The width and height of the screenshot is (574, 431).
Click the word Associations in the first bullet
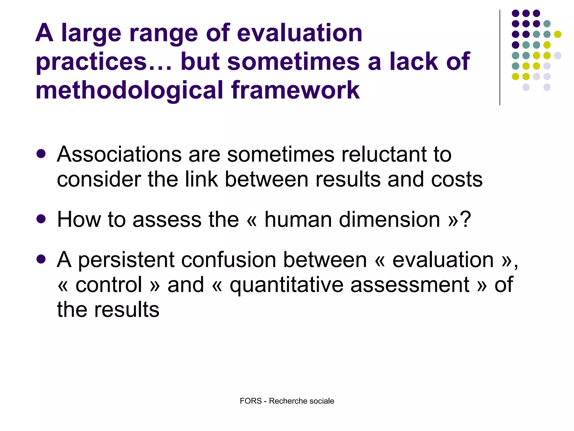point(119,154)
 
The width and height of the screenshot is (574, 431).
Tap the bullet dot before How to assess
point(41,219)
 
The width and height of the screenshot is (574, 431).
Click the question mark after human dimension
point(465,219)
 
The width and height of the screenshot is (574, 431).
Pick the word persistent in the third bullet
point(126,260)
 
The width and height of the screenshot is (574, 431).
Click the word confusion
point(228,260)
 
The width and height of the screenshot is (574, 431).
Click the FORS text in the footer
point(251,401)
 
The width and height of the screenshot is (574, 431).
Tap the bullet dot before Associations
point(41,154)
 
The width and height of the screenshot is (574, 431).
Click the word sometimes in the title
point(293,62)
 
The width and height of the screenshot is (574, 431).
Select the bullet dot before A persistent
point(41,259)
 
